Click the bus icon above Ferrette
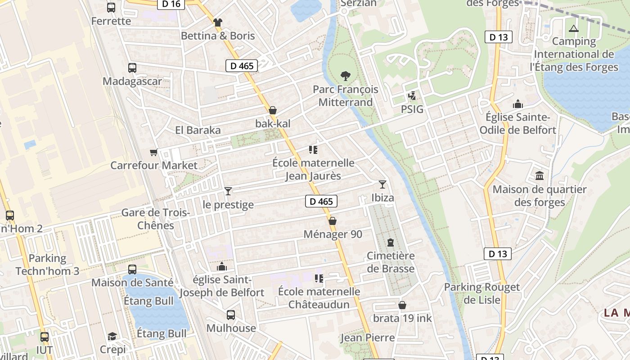pos(111,7)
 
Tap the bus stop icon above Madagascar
pos(132,68)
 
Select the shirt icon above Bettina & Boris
pos(218,22)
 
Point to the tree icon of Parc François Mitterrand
pos(346,76)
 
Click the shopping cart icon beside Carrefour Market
pos(154,152)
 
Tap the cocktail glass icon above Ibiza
pos(382,184)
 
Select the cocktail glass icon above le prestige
pos(228,191)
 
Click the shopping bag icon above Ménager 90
pos(333,221)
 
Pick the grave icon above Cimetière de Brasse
pos(391,243)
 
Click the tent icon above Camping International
pos(573,28)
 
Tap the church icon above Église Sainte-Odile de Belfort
pos(518,104)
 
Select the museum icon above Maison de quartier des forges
pos(539,175)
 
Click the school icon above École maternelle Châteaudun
pos(319,278)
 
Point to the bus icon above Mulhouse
pos(231,315)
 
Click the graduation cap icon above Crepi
pos(112,336)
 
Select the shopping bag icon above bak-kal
pos(273,110)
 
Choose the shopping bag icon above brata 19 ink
pos(402,305)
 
